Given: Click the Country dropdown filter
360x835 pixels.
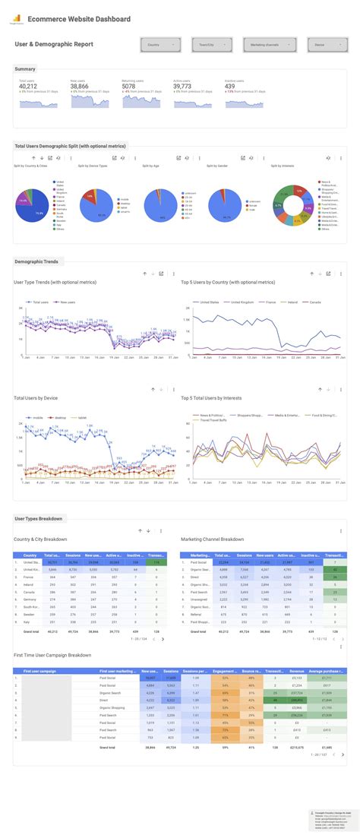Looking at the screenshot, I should click(160, 45).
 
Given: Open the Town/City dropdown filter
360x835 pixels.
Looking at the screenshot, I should click(210, 45).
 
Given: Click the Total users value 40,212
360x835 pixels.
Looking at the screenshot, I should click(28, 87).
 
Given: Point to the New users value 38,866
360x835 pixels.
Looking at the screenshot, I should click(80, 87).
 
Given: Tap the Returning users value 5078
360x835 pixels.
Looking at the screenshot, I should click(129, 87).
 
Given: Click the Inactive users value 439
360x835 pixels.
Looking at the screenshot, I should click(231, 87).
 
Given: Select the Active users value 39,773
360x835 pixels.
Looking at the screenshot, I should click(183, 87).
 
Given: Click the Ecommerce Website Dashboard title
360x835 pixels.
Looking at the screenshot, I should click(78, 19).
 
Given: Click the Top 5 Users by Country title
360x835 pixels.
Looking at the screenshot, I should click(227, 282).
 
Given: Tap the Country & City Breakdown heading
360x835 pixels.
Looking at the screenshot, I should click(40, 539).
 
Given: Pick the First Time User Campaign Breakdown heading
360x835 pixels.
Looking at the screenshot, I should click(52, 655).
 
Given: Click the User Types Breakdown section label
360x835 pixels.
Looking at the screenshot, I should click(38, 518).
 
